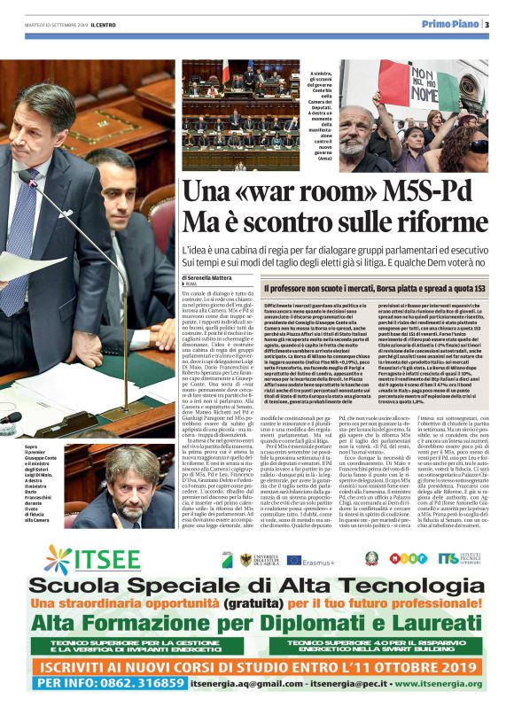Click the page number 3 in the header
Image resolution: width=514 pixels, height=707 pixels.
point(487,25)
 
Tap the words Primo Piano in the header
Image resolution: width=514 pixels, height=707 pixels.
point(449,25)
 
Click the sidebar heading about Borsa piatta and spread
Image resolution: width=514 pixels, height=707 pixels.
point(375,289)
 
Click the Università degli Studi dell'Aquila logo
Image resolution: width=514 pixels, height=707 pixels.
point(247,560)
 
